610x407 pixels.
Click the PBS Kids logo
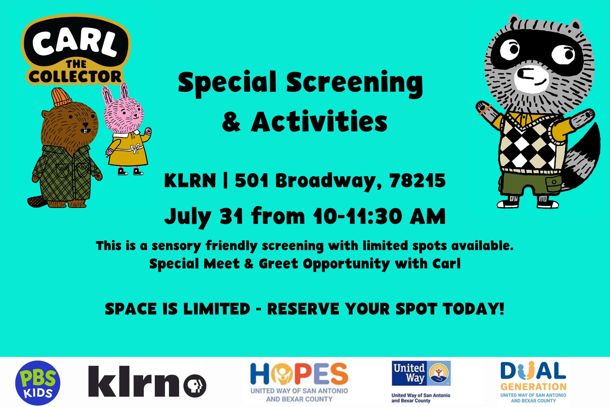(x=38, y=383)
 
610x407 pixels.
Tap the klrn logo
(x=147, y=381)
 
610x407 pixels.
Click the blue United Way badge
(x=421, y=373)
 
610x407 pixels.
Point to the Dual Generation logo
(x=533, y=382)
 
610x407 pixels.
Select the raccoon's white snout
(x=531, y=77)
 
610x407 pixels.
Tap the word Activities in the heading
(x=319, y=122)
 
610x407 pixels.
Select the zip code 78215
(x=417, y=180)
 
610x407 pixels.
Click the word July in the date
(x=188, y=217)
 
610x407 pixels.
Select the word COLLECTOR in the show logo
(x=75, y=76)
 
